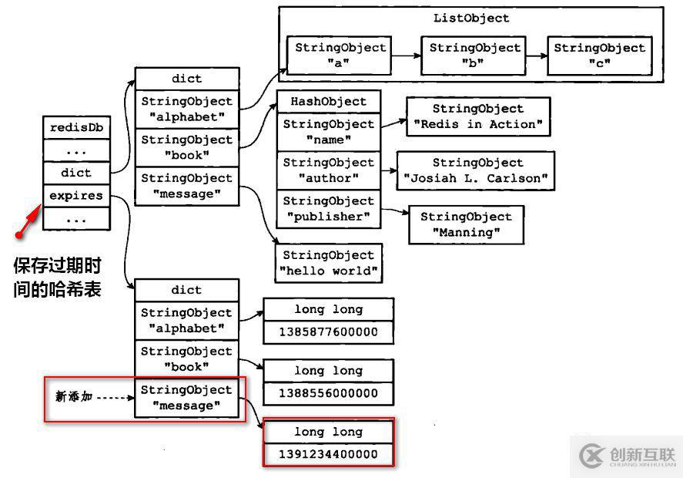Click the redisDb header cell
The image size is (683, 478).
pyautogui.click(x=76, y=127)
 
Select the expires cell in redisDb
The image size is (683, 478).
pyautogui.click(x=76, y=196)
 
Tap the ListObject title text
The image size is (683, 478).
pyautogui.click(x=471, y=18)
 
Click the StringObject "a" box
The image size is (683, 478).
pyautogui.click(x=340, y=55)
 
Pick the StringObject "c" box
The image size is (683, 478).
pyautogui.click(x=599, y=55)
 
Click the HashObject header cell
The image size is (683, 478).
pyautogui.click(x=329, y=102)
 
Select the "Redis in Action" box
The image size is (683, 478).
pyautogui.click(x=477, y=116)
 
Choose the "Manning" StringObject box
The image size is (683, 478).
pyautogui.click(x=466, y=224)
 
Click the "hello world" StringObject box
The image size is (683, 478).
pyautogui.click(x=329, y=263)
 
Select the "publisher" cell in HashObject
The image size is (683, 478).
pyautogui.click(x=329, y=209)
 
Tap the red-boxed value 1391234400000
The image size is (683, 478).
pyautogui.click(x=329, y=454)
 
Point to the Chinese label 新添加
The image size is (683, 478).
pyautogui.click(x=74, y=396)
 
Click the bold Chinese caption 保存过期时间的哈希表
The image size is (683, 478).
pyautogui.click(x=58, y=278)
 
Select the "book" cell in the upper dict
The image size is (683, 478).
pyautogui.click(x=187, y=147)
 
